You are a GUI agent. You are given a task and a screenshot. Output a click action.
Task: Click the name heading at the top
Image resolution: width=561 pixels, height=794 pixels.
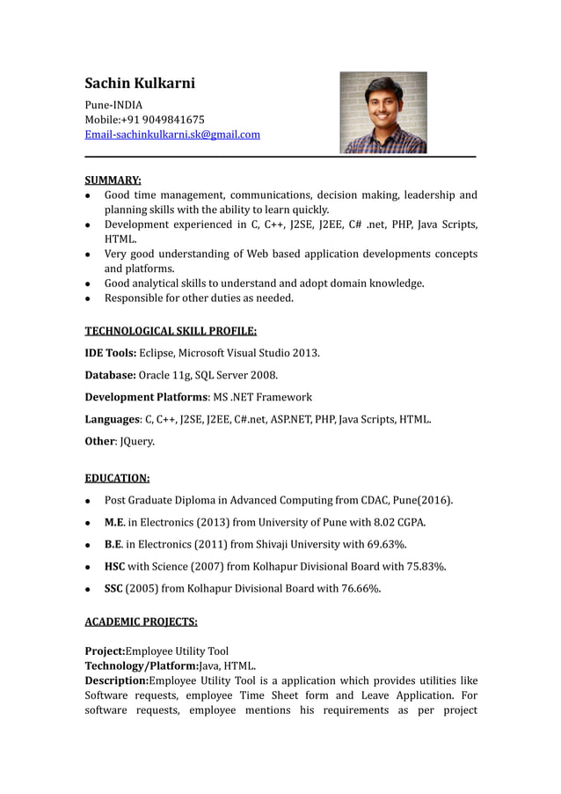click(x=140, y=84)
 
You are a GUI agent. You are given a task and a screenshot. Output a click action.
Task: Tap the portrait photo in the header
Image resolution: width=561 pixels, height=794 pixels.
click(x=382, y=113)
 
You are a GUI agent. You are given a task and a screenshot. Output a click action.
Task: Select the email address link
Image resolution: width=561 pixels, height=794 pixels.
click(x=172, y=135)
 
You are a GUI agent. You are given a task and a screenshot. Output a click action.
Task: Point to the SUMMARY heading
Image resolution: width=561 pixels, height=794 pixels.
click(x=113, y=180)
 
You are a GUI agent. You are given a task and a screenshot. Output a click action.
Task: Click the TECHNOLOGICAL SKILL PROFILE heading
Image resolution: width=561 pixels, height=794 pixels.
click(x=171, y=331)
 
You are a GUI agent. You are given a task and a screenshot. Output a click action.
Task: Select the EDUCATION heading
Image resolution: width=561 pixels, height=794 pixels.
click(x=117, y=479)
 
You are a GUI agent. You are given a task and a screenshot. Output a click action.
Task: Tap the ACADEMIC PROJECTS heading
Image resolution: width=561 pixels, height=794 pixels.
click(x=141, y=621)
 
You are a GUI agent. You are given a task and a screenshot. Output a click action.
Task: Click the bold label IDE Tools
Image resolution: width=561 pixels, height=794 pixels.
click(x=110, y=353)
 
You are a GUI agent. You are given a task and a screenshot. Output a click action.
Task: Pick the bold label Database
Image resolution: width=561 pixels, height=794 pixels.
click(x=110, y=375)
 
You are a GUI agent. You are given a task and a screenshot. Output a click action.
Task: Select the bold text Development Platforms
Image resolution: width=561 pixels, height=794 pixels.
click(x=146, y=397)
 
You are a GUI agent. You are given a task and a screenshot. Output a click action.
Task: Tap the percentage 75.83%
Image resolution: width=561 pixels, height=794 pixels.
click(x=426, y=566)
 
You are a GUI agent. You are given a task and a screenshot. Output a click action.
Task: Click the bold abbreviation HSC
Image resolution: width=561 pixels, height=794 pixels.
click(x=115, y=566)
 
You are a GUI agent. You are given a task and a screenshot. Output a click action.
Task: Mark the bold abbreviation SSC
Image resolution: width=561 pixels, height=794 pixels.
click(x=114, y=588)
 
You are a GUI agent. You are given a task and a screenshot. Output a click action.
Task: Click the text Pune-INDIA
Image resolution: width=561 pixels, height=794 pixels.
click(x=113, y=105)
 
